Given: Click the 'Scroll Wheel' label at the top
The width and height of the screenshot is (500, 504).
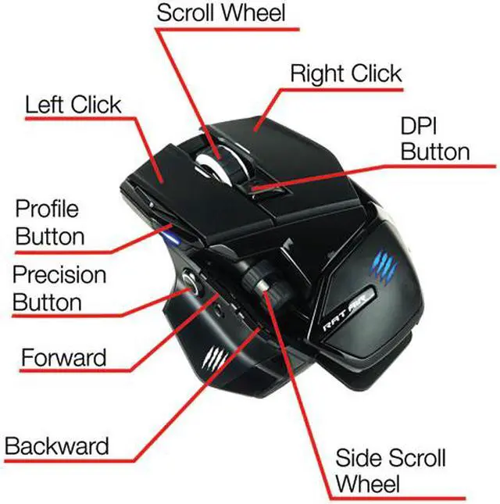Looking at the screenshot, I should pyautogui.click(x=221, y=13).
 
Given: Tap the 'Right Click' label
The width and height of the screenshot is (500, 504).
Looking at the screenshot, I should pyautogui.click(x=345, y=74).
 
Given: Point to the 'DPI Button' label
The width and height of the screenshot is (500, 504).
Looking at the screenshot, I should pyautogui.click(x=435, y=138).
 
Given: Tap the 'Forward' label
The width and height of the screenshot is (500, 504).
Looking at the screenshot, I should pyautogui.click(x=62, y=359).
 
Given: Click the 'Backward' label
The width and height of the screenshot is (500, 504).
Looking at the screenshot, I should pyautogui.click(x=56, y=446).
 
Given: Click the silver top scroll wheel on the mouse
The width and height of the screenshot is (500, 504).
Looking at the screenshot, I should pyautogui.click(x=209, y=160).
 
